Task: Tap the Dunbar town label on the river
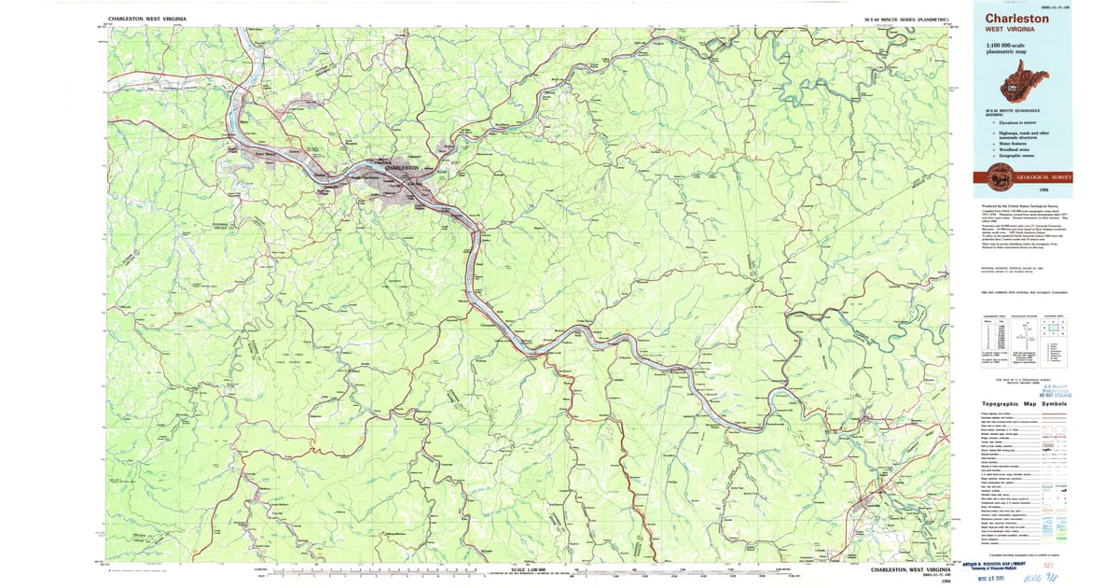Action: pos(320,175)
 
